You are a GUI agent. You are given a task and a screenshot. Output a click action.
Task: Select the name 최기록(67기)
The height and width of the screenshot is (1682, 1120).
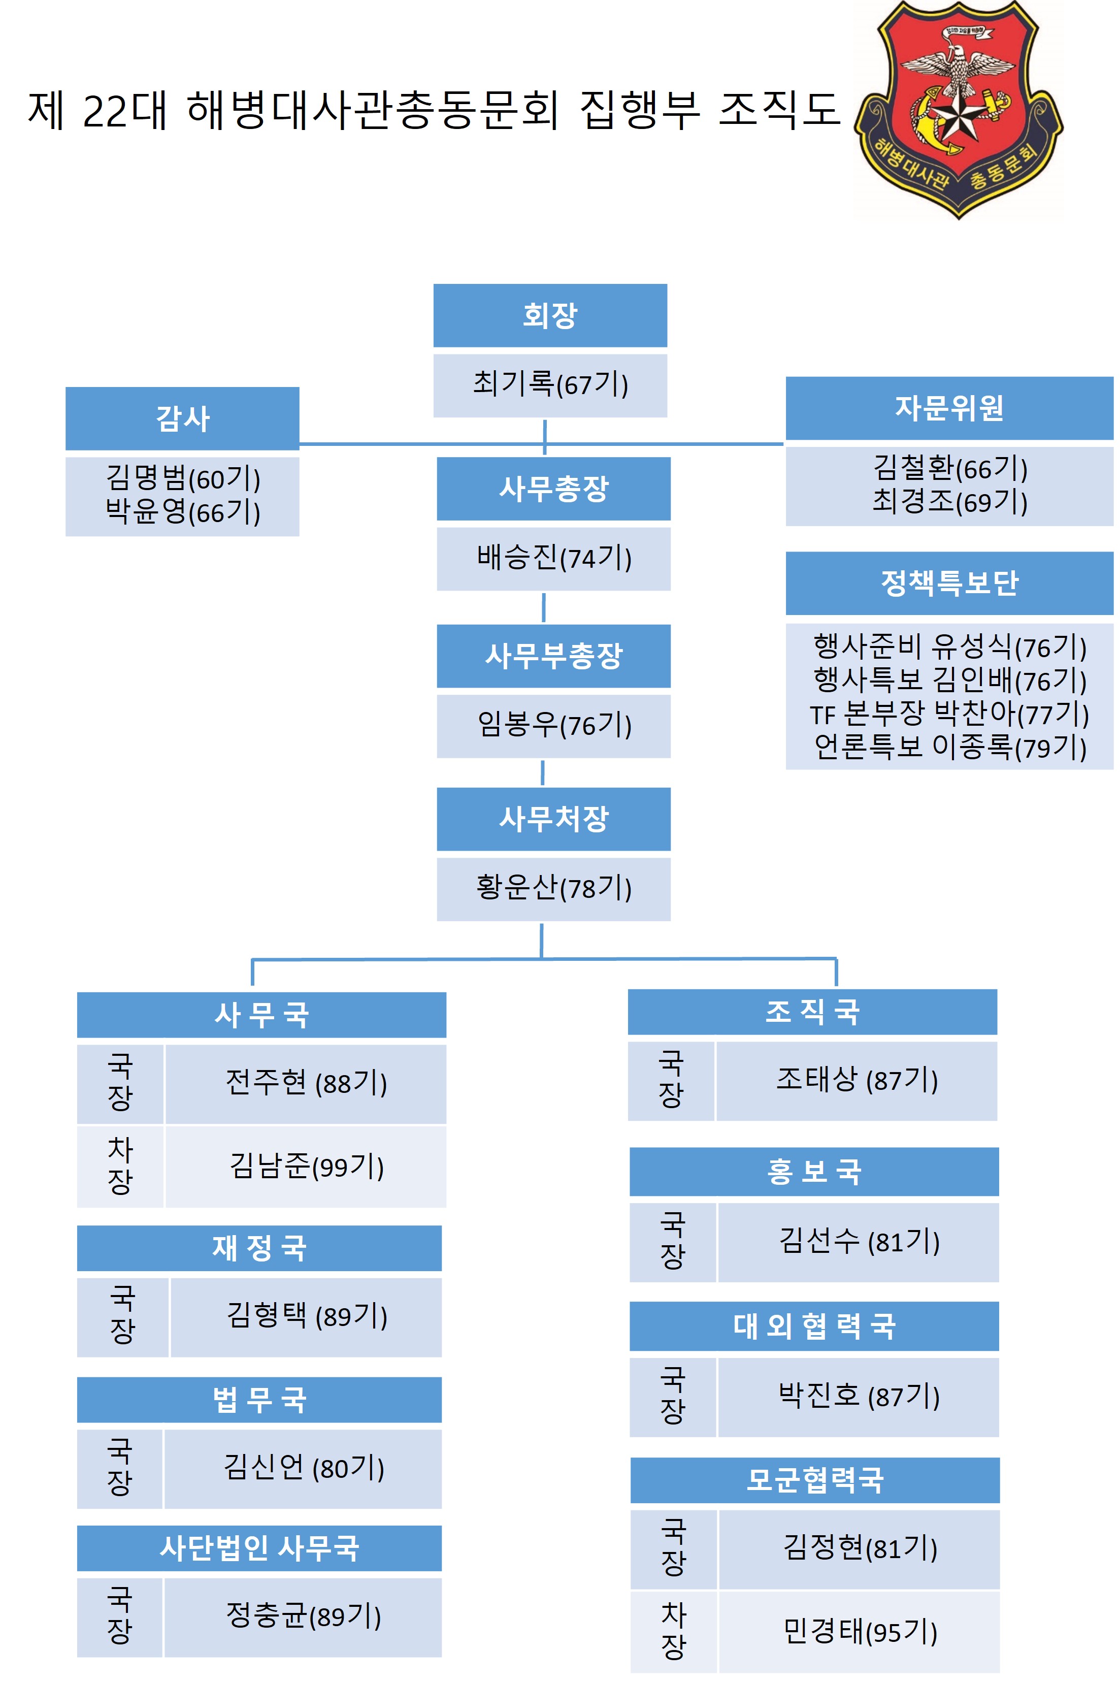[x=550, y=384]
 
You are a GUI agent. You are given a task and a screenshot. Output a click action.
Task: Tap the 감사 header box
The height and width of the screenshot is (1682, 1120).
[x=182, y=418]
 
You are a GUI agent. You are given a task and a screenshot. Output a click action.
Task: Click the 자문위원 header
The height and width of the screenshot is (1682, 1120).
[x=949, y=408]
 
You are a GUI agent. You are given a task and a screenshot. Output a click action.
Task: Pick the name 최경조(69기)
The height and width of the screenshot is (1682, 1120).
[x=950, y=502]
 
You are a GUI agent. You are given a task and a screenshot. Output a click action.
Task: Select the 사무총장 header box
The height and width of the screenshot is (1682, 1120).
[x=553, y=489]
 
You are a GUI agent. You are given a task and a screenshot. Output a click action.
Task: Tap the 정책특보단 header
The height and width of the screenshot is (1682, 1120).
[x=949, y=583]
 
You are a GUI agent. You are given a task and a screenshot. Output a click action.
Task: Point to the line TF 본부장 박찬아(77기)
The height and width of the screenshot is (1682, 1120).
[x=949, y=714]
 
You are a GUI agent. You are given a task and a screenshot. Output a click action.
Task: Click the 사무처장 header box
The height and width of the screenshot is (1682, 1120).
[x=553, y=819]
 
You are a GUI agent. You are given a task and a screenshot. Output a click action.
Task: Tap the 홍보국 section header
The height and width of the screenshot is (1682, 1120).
[x=814, y=1172]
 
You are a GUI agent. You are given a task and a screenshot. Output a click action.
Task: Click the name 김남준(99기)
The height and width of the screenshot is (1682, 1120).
[x=307, y=1166]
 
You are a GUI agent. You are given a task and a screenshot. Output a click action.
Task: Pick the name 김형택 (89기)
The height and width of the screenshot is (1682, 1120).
[x=307, y=1315]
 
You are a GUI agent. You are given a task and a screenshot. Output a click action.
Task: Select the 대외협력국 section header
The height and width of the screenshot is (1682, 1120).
[x=814, y=1326]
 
